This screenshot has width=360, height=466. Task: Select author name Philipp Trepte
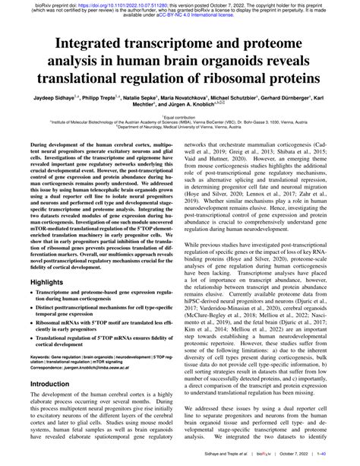tap(105, 99)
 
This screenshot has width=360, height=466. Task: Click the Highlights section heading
tap(46, 281)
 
